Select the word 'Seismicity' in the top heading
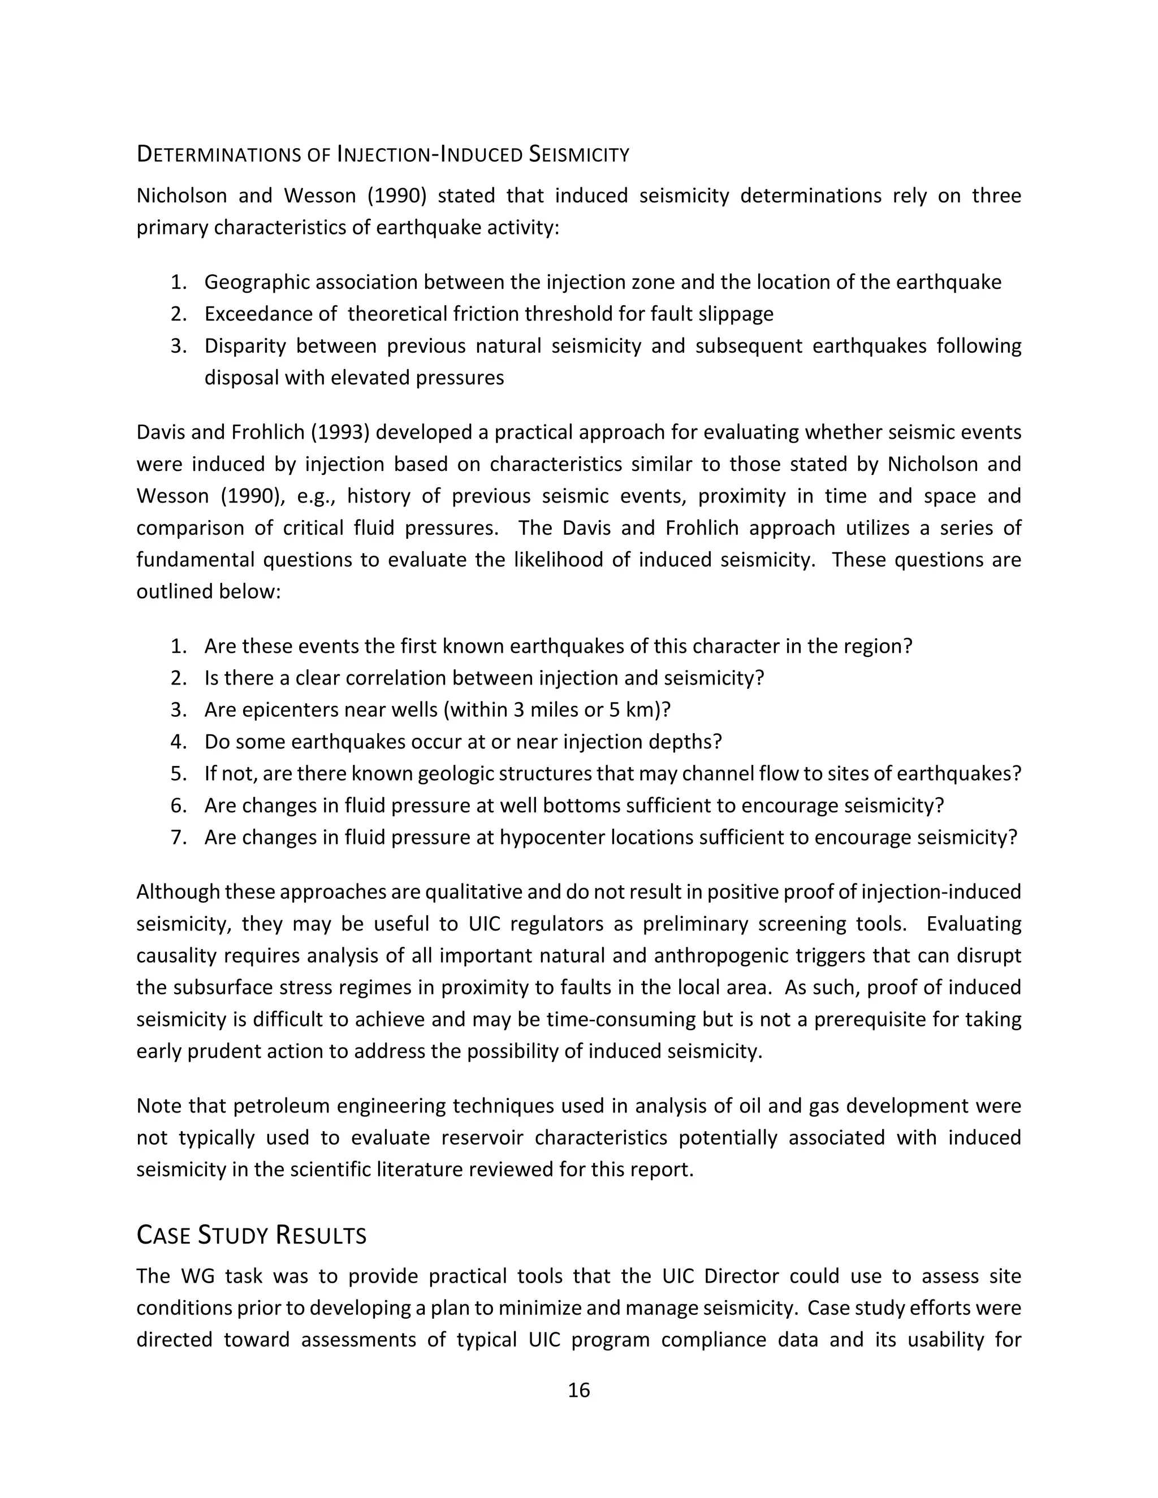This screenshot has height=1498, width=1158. pos(579,155)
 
